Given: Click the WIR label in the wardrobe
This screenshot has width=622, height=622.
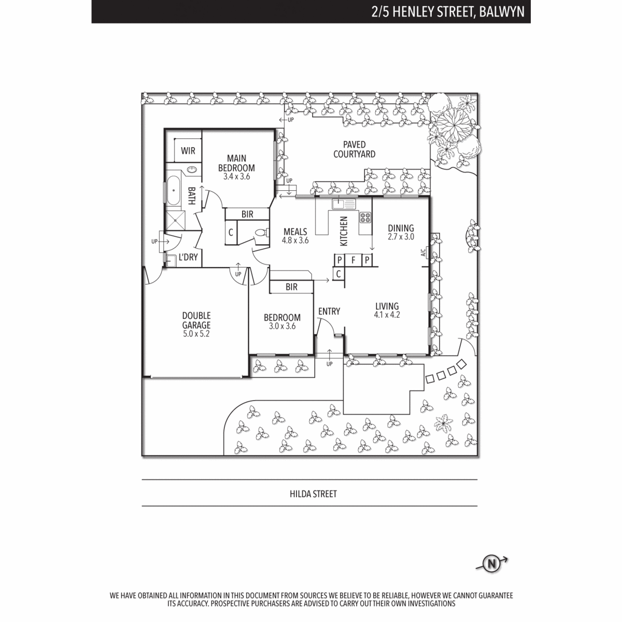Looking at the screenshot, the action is coord(188,151).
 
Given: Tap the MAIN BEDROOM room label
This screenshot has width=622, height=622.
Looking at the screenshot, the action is coord(236,163).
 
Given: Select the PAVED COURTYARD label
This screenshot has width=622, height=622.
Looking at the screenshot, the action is coord(355,149).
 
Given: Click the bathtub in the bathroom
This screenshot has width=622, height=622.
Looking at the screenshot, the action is coord(174,190).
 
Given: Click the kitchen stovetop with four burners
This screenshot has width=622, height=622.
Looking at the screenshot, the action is coord(365,217).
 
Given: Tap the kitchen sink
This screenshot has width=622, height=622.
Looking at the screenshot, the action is coord(344,204).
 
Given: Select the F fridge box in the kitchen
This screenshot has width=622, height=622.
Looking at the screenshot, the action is coord(354,260).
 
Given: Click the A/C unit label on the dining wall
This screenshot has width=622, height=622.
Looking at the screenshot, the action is coord(423,252).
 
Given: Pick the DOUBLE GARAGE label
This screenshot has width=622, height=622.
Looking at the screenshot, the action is coord(196,320).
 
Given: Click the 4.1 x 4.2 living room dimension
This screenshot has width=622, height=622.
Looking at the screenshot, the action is coord(387,315).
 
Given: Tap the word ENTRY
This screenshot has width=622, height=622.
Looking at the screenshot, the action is coord(329,311).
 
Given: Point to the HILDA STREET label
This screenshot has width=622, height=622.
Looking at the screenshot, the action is coord(313,494).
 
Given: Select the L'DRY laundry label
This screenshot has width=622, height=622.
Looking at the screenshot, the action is coord(188,257).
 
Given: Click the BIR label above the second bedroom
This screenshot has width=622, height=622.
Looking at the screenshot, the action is coord(291,287).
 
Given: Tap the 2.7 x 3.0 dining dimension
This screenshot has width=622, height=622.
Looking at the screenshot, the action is coord(401,236).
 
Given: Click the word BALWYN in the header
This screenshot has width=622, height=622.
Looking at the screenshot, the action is coord(502,12).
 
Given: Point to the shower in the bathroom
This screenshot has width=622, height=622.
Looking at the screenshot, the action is coord(176,220).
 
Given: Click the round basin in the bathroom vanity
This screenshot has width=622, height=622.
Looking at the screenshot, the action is coord(192,169).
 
